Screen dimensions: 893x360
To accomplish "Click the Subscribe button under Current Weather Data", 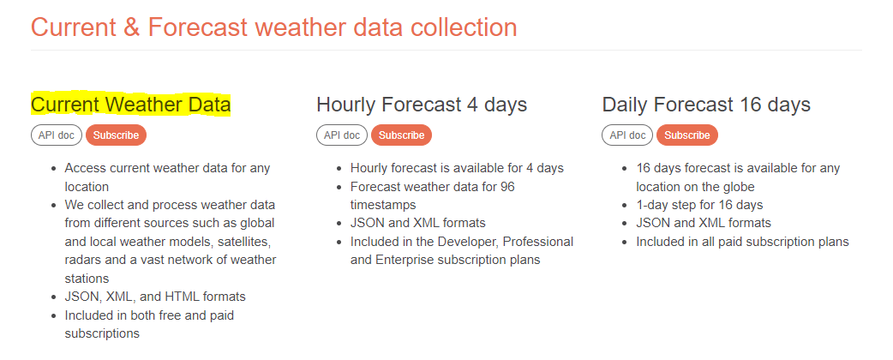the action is tap(117, 135).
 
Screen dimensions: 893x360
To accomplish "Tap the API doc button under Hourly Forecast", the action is tap(342, 135).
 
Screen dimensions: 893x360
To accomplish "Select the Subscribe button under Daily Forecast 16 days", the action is tap(686, 135).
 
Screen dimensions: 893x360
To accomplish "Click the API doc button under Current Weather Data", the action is tap(57, 135).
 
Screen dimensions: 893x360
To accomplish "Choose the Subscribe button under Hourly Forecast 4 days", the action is tap(402, 135).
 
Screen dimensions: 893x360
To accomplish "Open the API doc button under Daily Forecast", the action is tap(627, 135).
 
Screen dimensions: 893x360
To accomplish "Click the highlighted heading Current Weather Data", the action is tap(131, 105).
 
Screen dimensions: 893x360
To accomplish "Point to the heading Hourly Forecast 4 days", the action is tap(422, 105).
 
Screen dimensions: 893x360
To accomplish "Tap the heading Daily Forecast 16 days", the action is tap(706, 105).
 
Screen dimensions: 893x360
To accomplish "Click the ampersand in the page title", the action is tap(131, 27).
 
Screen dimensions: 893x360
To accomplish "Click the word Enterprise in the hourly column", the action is tap(404, 260).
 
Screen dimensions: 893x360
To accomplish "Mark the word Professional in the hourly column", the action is tap(538, 242).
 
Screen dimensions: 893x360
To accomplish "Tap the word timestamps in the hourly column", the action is tap(383, 205).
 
